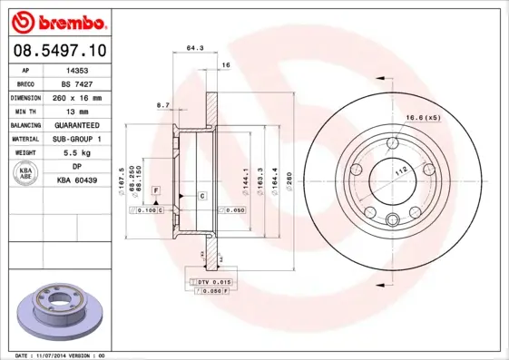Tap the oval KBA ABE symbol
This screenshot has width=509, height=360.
pos(26,174)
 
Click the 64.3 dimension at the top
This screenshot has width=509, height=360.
pos(192,46)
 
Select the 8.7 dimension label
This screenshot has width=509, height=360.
pos(164,105)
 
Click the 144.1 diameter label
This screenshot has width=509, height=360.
pos(244,178)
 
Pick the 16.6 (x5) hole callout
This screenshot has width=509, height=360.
pos(423,116)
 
